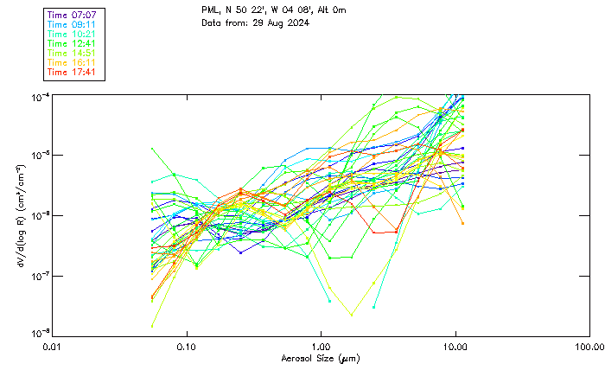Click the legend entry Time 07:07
pyautogui.click(x=72, y=16)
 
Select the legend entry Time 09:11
pyautogui.click(x=72, y=25)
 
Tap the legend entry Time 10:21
pyautogui.click(x=72, y=34)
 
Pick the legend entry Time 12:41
pyautogui.click(x=72, y=43)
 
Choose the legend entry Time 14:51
pyautogui.click(x=72, y=53)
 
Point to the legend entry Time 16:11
pyautogui.click(x=72, y=62)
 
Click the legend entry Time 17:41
pyautogui.click(x=72, y=72)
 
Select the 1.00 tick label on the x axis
pyautogui.click(x=321, y=347)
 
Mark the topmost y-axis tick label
pyautogui.click(x=39, y=95)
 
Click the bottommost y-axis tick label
pyautogui.click(x=39, y=333)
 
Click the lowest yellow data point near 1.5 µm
pyautogui.click(x=351, y=314)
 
